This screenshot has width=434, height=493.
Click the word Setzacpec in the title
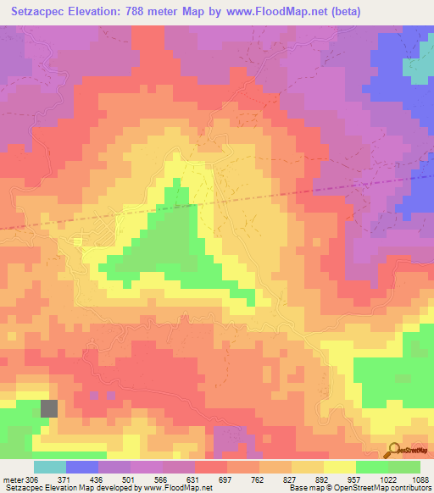[41, 12]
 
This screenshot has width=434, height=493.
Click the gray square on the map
[50, 407]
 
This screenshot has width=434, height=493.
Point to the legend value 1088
[419, 478]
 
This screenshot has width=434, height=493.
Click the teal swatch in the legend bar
[50, 467]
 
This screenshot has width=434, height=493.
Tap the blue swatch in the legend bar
[82, 467]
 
